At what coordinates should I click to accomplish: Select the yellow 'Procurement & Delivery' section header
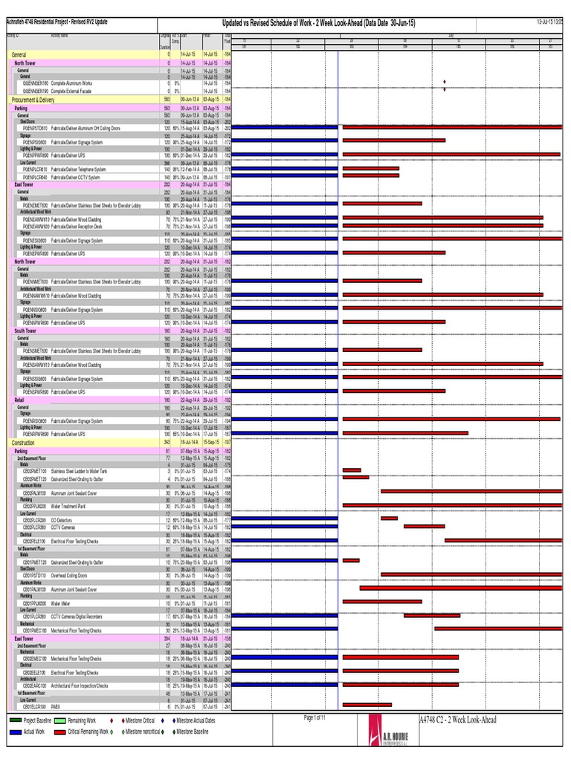tap(33, 100)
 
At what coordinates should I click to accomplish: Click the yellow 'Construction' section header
tap(24, 442)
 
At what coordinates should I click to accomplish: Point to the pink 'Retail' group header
tap(19, 400)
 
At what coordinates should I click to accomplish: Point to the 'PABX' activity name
tap(55, 705)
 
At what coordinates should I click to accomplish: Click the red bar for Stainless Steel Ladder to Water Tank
tap(352, 471)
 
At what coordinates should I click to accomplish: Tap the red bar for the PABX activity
tap(367, 705)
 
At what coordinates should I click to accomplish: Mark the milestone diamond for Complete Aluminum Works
tap(445, 82)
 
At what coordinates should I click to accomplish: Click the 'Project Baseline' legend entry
tap(37, 721)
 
